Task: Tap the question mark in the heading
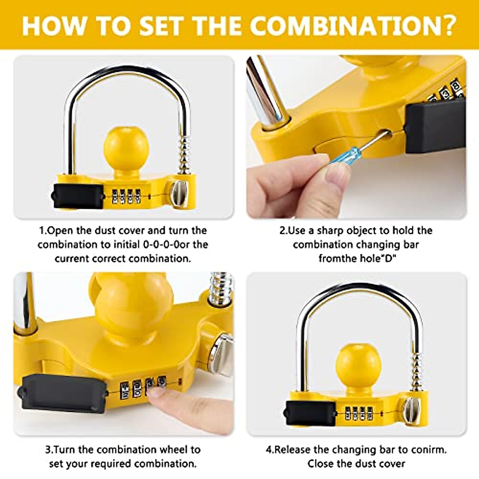pos(445,25)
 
